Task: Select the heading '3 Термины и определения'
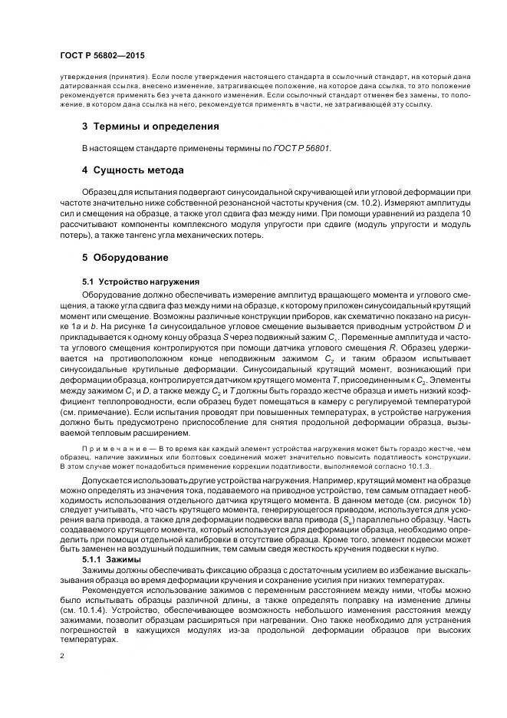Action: (x=150, y=126)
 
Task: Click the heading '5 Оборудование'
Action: (x=125, y=257)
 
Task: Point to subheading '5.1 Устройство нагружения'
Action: (x=130, y=282)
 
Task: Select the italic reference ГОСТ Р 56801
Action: (x=301, y=147)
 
